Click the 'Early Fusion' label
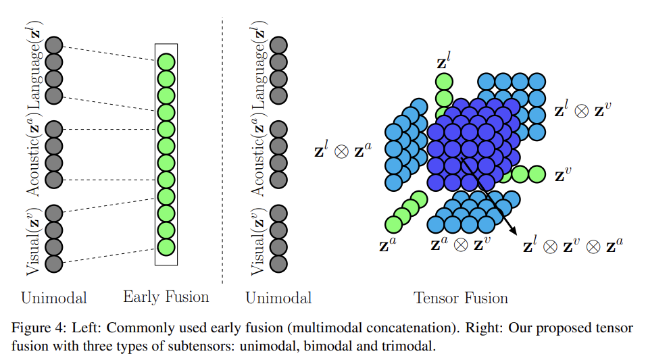pos(166,297)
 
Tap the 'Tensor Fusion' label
pos(460,298)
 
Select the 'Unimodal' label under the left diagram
pos(54,298)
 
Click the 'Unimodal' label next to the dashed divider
pos(278,298)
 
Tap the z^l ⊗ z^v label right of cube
pos(585,110)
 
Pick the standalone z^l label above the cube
pos(444,64)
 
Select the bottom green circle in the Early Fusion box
pos(166,247)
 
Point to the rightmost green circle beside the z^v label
pos(537,174)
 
